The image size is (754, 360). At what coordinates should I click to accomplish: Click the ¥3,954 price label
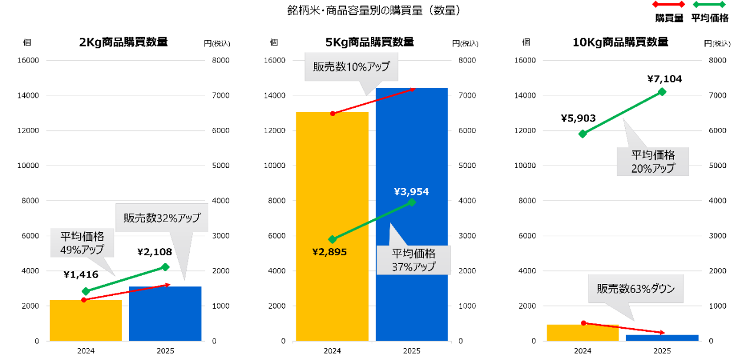(411, 191)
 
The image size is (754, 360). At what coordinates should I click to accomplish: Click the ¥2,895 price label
(329, 252)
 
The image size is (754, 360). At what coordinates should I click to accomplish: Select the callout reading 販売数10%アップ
(351, 67)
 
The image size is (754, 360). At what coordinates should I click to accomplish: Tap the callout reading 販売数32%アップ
(161, 218)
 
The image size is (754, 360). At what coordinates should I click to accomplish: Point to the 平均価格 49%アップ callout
(82, 243)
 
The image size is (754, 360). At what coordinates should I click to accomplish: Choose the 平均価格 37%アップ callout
(414, 260)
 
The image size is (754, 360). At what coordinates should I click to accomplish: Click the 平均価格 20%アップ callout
(653, 161)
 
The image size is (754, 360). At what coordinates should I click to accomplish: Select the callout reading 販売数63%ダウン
(635, 289)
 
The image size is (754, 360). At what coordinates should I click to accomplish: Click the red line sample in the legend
(669, 5)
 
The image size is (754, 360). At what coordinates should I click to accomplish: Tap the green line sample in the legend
(709, 5)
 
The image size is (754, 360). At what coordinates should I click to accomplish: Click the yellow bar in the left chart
(85, 321)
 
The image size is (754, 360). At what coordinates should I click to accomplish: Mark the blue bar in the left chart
(165, 313)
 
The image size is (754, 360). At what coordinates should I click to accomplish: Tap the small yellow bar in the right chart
(583, 332)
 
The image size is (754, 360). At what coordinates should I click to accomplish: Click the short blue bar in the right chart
(662, 338)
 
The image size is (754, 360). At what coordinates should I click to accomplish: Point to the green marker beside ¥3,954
(411, 202)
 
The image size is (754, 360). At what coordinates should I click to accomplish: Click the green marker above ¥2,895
(332, 239)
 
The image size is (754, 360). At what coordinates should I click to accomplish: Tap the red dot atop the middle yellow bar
(332, 113)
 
